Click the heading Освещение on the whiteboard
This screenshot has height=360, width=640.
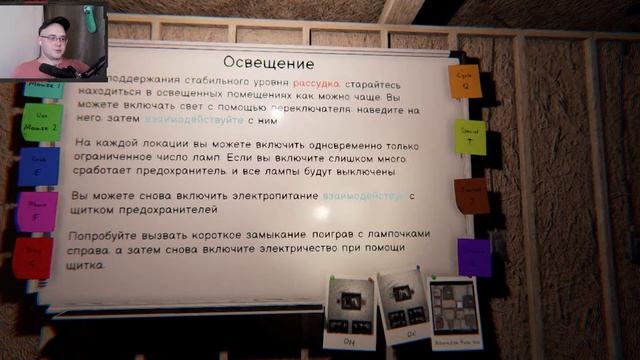coord(263,63)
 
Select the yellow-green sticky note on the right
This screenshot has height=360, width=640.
coord(470,137)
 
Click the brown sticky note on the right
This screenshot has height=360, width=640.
coord(471,197)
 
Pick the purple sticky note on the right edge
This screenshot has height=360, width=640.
coord(474,257)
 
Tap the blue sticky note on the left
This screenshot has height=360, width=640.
coord(38,166)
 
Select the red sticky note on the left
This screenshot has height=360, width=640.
coord(32,258)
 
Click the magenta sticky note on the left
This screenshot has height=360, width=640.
coord(36,211)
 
